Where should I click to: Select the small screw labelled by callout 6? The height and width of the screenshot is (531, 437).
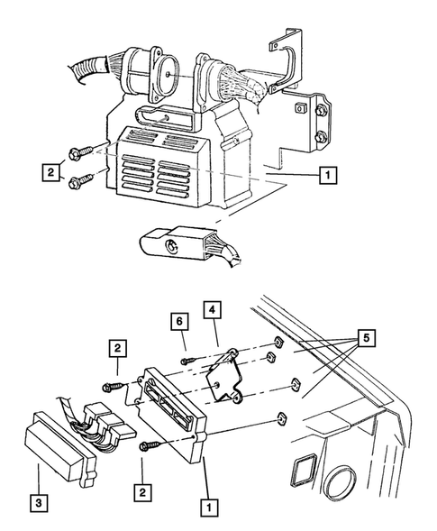188,360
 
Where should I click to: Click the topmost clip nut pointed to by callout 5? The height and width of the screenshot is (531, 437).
278,343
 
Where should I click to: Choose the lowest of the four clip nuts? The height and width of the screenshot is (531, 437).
280,418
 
